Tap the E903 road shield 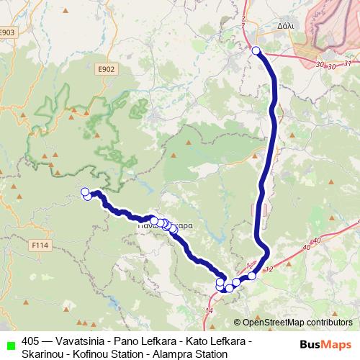pos(8,32)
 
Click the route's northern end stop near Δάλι pos(256,50)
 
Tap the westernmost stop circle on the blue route pos(85,192)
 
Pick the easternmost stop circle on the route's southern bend pos(251,276)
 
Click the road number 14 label pos(209,310)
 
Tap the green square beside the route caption pos(10,342)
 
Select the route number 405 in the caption pos(31,341)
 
